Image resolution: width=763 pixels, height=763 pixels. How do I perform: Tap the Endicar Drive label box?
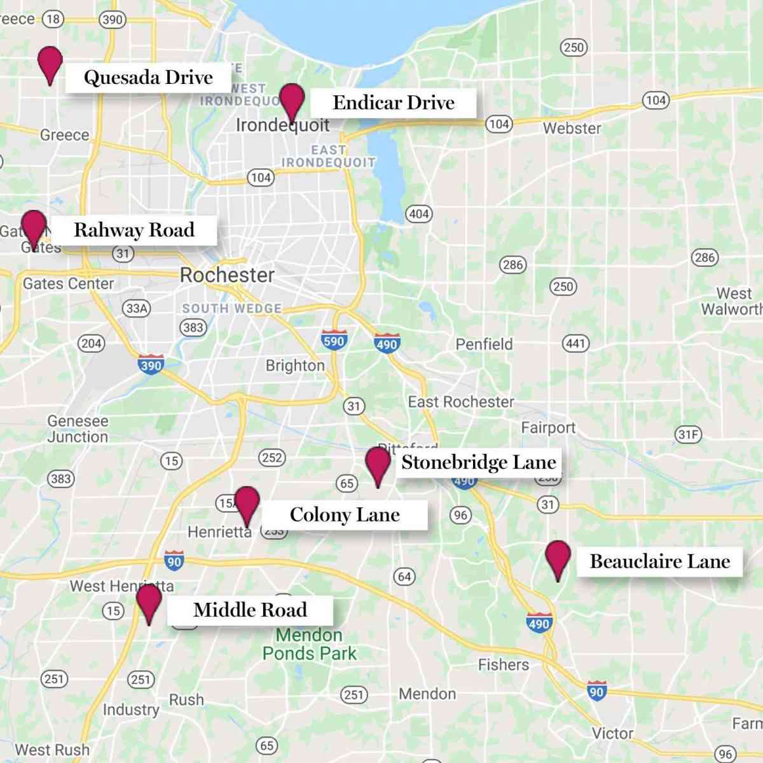393,103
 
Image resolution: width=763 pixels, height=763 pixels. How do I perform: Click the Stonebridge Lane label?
478,462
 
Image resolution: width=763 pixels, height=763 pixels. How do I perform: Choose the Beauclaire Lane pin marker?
558,558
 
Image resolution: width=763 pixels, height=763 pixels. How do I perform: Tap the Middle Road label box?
250,610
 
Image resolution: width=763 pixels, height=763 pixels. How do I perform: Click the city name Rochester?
227,275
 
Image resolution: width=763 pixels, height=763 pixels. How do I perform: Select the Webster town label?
572,128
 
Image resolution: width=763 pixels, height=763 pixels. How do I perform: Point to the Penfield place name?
484,344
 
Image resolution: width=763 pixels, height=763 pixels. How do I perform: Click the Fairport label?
548,428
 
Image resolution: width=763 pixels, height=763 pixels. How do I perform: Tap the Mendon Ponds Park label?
309,644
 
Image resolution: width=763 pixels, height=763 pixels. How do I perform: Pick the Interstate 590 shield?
333,340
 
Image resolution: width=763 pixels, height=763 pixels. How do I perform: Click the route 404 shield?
418,214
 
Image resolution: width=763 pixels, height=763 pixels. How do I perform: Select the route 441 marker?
575,343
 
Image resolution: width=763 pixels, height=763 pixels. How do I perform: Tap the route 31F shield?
688,435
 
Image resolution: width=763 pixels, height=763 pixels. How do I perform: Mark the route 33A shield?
137,309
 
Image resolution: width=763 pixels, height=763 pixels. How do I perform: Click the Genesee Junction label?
78,429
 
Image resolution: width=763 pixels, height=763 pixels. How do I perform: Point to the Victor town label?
612,733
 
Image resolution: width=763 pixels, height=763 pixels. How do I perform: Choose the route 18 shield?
53,19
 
